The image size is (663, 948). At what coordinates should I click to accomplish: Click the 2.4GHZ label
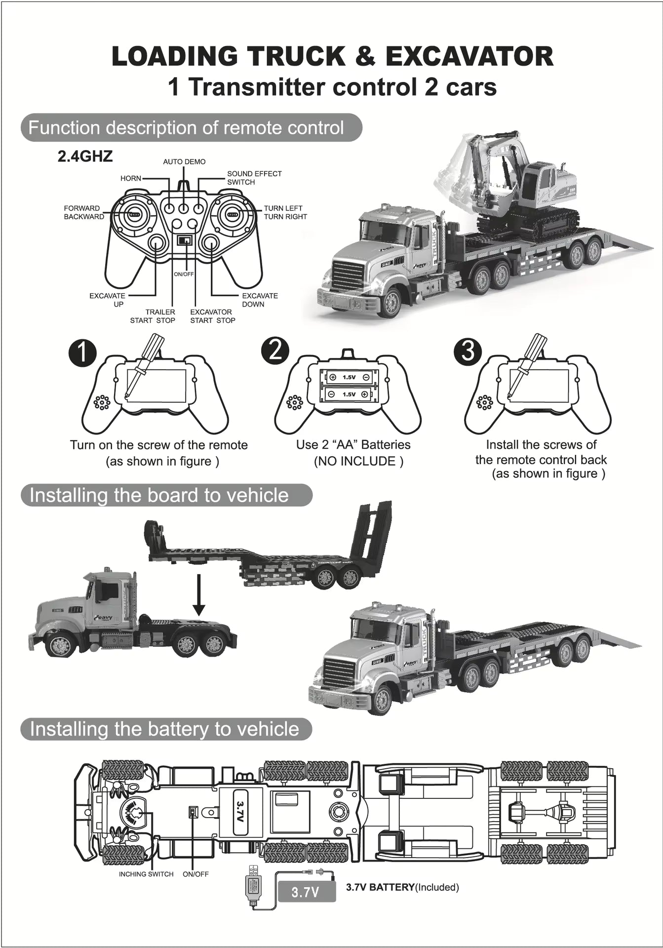pyautogui.click(x=85, y=157)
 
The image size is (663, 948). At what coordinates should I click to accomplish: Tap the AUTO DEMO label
pyautogui.click(x=184, y=162)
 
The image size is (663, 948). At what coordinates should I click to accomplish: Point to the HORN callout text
pyautogui.click(x=131, y=178)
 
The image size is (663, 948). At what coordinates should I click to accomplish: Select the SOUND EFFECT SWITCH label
pyautogui.click(x=254, y=178)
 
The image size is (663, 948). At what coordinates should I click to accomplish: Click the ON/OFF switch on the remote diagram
pyautogui.click(x=185, y=240)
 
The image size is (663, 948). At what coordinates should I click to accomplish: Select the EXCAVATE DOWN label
pyautogui.click(x=260, y=300)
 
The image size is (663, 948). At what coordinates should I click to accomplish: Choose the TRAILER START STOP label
pyautogui.click(x=153, y=316)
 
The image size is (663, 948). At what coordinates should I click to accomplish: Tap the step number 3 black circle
pyautogui.click(x=468, y=350)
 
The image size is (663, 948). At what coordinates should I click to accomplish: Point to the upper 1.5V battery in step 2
pyautogui.click(x=349, y=377)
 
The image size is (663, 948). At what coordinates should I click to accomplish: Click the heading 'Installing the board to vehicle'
pyautogui.click(x=159, y=495)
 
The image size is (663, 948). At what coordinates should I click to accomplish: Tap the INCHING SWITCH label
pyautogui.click(x=146, y=874)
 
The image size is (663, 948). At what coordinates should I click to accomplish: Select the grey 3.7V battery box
pyautogui.click(x=306, y=892)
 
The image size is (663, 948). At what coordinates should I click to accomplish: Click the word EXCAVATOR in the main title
pyautogui.click(x=469, y=56)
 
